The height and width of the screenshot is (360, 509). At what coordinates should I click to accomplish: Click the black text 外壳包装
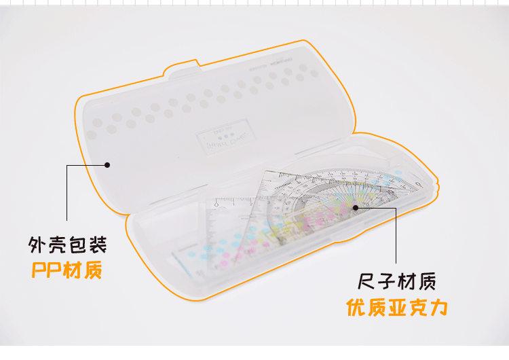[x=67, y=244]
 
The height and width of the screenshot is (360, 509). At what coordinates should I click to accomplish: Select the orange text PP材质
[x=67, y=270]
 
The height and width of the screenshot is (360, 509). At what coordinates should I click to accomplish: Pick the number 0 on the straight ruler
[x=216, y=202]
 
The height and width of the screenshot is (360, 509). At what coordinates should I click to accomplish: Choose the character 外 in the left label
[x=37, y=244]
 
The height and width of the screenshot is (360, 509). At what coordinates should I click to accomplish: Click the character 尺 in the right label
[x=367, y=281]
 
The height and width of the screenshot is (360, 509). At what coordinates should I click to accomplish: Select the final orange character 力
[x=438, y=308]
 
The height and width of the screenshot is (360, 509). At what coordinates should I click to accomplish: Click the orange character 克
[x=417, y=308]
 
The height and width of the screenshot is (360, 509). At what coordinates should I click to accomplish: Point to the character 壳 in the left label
[x=57, y=244]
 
